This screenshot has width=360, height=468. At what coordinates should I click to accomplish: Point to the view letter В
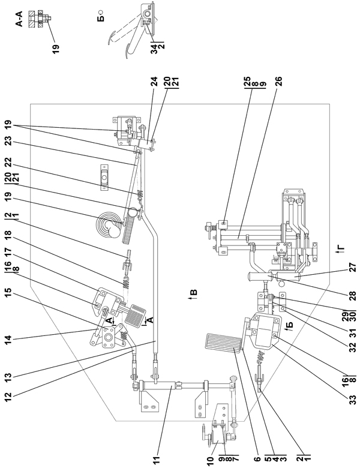click(x=193, y=295)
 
